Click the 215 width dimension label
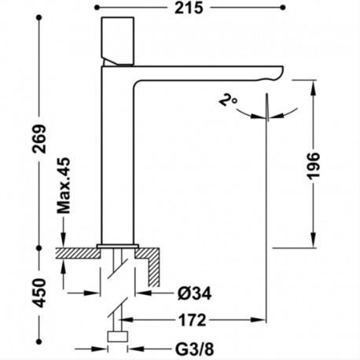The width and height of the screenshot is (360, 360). (x=189, y=8)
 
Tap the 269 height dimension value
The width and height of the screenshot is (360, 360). (x=39, y=139)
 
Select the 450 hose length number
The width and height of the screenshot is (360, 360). (x=39, y=293)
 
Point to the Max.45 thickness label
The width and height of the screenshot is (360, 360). (x=64, y=186)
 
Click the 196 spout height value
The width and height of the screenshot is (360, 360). (x=314, y=166)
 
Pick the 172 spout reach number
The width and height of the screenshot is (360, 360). (x=193, y=320)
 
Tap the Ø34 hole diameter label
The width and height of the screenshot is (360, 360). (x=194, y=293)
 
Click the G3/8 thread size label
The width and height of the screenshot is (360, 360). (x=194, y=349)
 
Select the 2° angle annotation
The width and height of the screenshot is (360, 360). (x=228, y=100)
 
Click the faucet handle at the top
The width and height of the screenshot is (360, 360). (x=118, y=41)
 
